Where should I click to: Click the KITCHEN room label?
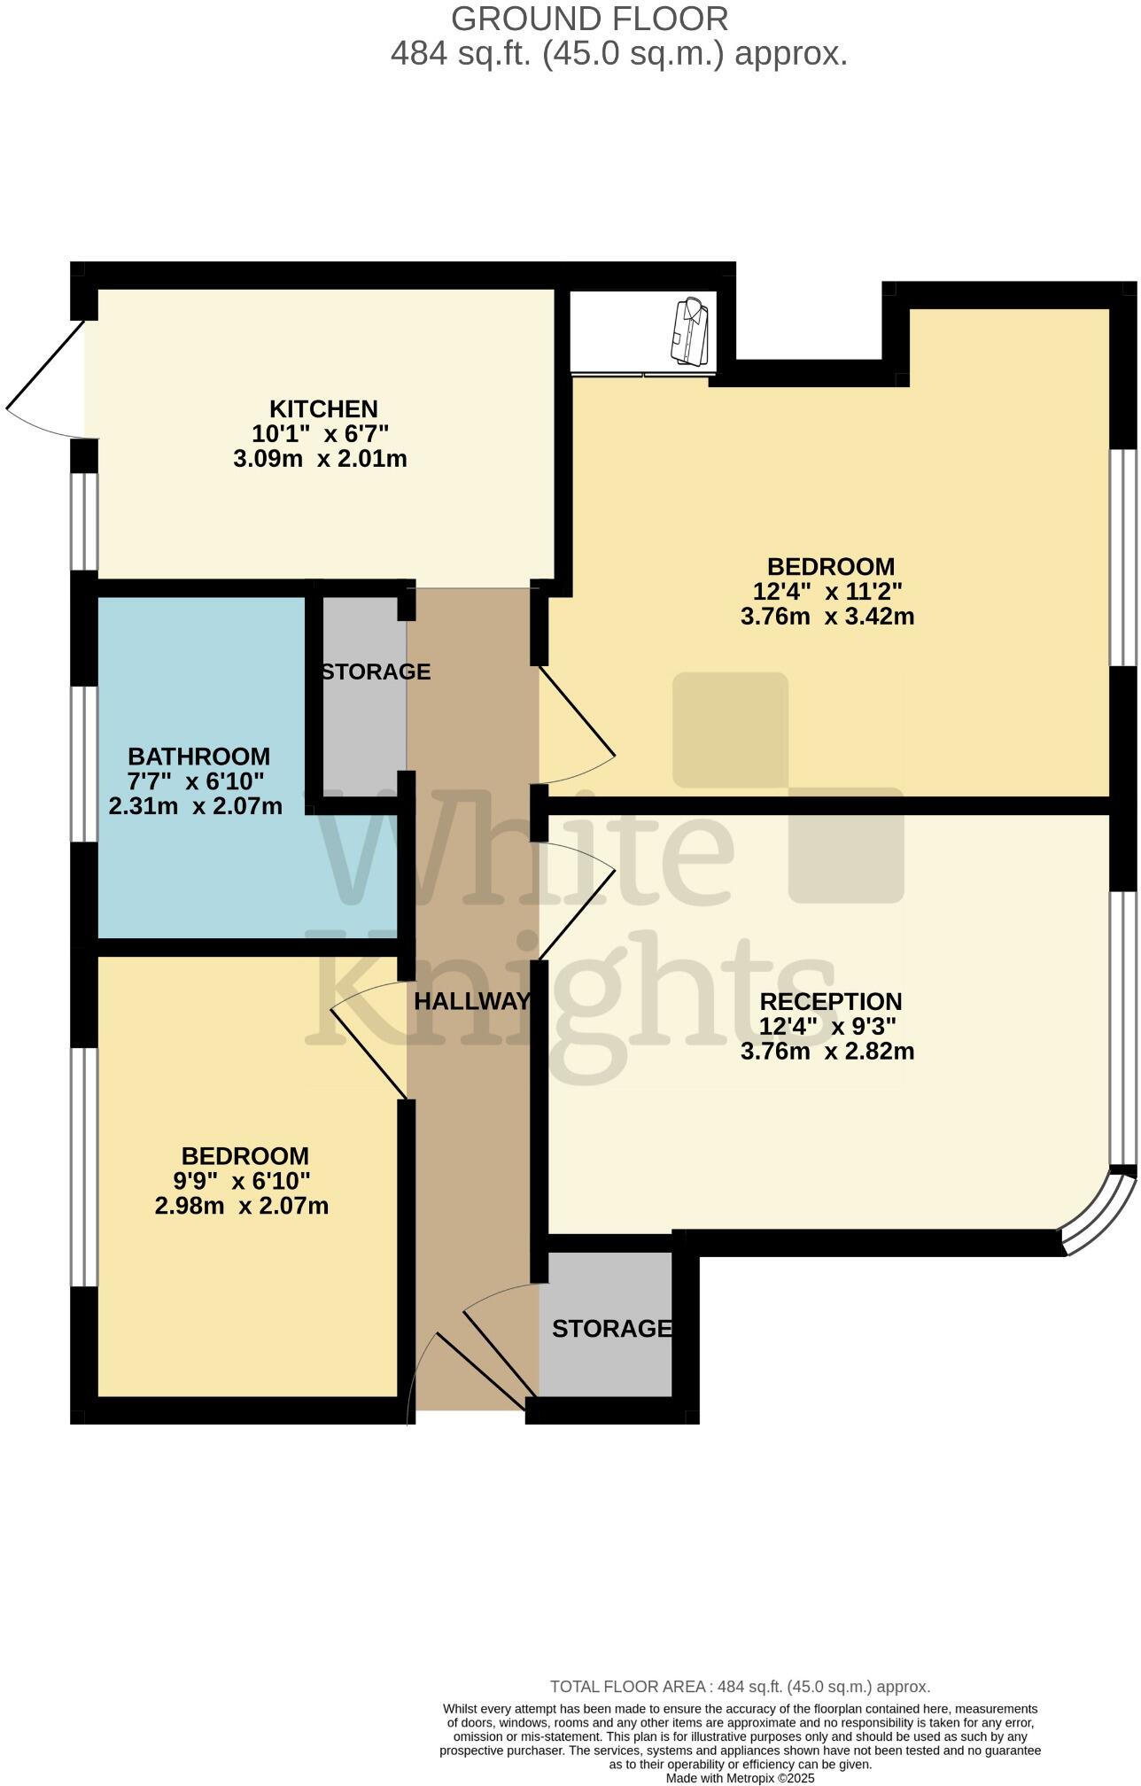click(x=323, y=409)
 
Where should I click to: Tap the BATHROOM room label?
click(x=198, y=757)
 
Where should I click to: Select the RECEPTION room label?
click(x=830, y=1001)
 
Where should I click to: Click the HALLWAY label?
click(x=472, y=1001)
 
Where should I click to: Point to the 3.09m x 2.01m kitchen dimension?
click(x=320, y=459)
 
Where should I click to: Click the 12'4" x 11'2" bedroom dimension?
click(x=827, y=591)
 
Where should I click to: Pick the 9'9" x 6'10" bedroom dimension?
click(x=242, y=1181)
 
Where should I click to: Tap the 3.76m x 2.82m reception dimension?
click(x=827, y=1052)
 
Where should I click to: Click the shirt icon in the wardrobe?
click(x=691, y=331)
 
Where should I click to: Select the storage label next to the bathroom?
click(x=376, y=672)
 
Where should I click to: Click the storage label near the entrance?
click(x=611, y=1329)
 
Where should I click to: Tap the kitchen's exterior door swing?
click(x=44, y=381)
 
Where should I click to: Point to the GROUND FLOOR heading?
click(x=589, y=19)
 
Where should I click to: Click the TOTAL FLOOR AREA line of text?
click(x=740, y=1687)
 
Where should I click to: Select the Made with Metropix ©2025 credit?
click(x=740, y=1777)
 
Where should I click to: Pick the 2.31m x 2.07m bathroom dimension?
click(x=195, y=806)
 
